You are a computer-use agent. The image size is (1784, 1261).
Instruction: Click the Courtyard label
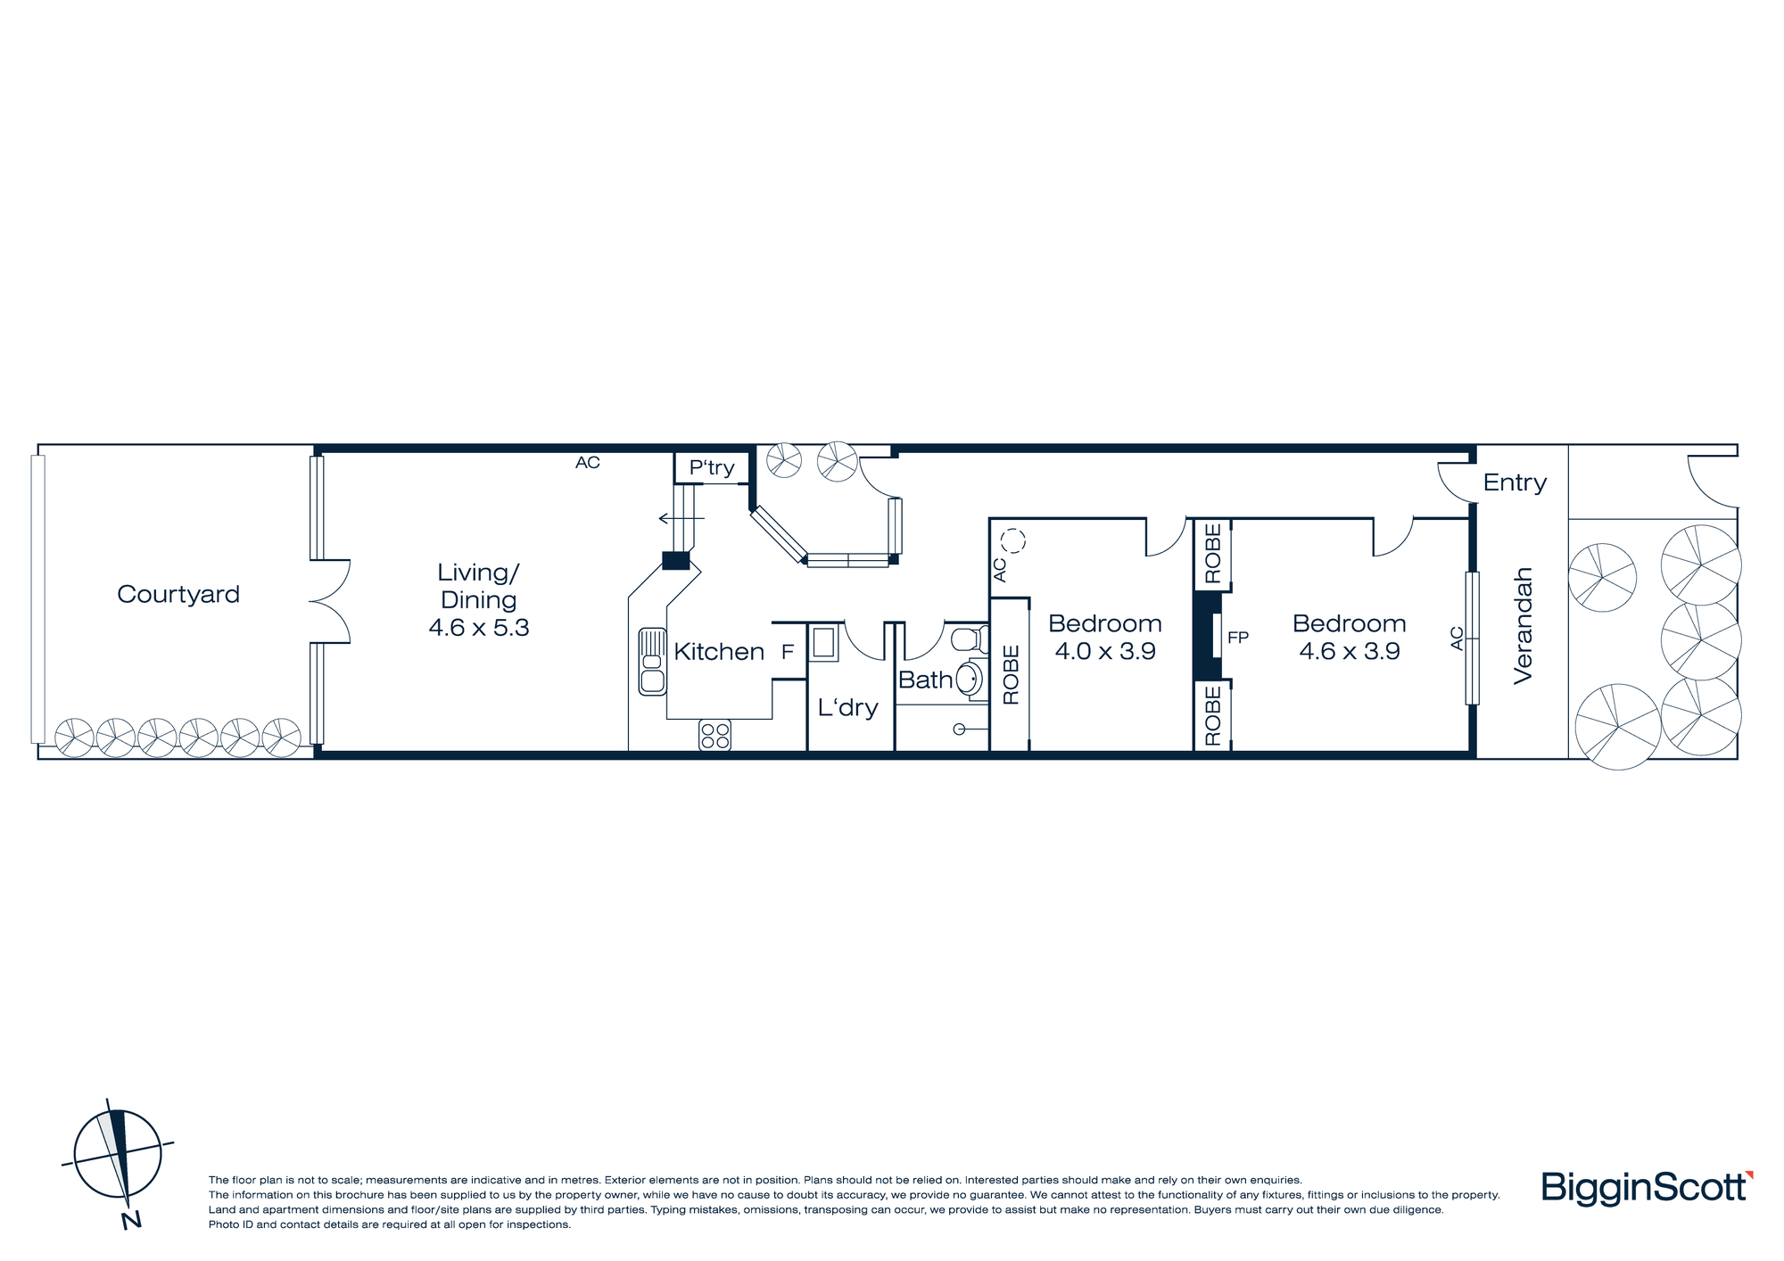pos(178,594)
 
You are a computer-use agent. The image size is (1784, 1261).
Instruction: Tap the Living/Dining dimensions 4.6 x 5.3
pos(479,628)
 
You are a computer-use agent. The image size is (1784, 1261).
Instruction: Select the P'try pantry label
pos(712,468)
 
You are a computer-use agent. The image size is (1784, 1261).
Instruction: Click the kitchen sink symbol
pos(652,662)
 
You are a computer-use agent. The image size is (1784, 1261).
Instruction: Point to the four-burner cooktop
pos(714,736)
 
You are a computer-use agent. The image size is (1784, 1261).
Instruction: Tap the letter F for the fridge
pos(788,652)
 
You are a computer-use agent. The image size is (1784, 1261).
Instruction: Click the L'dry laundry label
pos(848,708)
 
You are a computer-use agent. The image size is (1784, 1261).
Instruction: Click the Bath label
pos(926,680)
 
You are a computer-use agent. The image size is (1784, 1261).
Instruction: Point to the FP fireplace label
pos(1238,638)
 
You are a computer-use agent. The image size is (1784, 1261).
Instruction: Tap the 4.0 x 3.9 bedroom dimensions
pos(1105,651)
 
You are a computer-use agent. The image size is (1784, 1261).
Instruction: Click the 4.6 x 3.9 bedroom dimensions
pos(1350,651)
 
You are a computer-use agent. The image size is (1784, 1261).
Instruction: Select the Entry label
pos(1515,482)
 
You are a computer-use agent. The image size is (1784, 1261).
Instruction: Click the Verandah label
pos(1523,626)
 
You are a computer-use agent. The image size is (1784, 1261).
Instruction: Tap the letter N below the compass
pos(131,1220)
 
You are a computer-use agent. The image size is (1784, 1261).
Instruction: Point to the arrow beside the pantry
pos(681,518)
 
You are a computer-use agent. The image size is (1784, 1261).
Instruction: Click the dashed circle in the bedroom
pos(1013,540)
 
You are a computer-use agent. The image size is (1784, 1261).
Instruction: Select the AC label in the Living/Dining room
pos(588,462)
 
